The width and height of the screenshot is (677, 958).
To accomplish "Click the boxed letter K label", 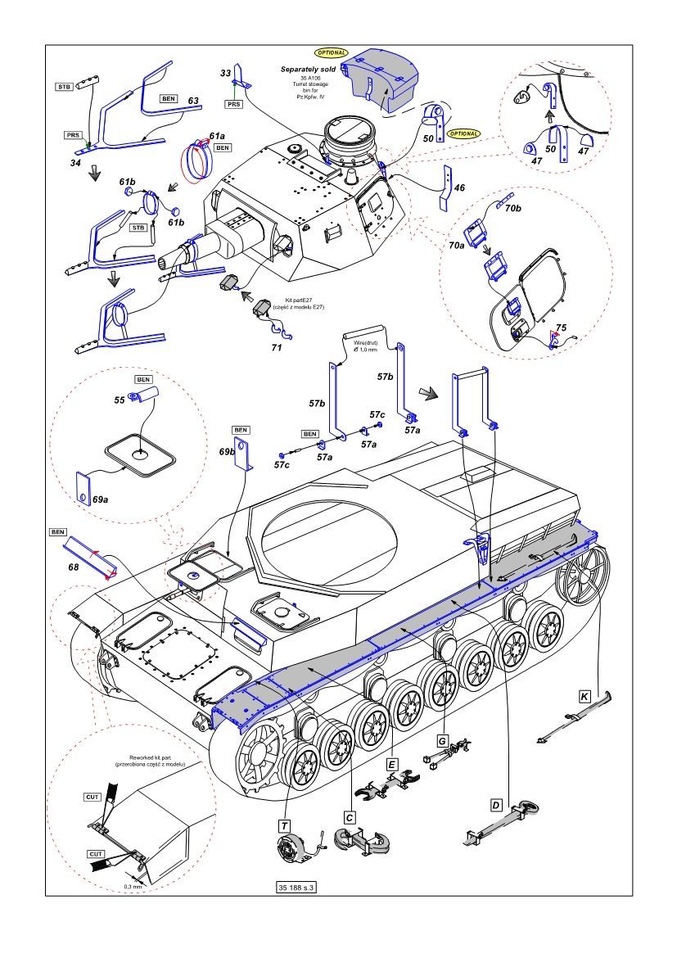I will pyautogui.click(x=584, y=696).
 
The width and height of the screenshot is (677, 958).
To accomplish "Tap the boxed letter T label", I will pyautogui.click(x=283, y=826).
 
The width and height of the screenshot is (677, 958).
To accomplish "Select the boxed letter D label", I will pyautogui.click(x=495, y=805).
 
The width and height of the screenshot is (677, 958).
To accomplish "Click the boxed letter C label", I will pyautogui.click(x=350, y=816).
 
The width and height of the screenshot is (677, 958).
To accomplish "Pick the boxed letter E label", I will pyautogui.click(x=392, y=764).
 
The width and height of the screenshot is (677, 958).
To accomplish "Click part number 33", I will pyautogui.click(x=225, y=73).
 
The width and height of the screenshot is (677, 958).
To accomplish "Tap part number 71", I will pyautogui.click(x=277, y=348).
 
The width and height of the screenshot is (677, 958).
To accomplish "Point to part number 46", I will pyautogui.click(x=459, y=188).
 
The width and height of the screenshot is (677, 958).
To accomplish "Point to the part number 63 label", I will pyautogui.click(x=193, y=101).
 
